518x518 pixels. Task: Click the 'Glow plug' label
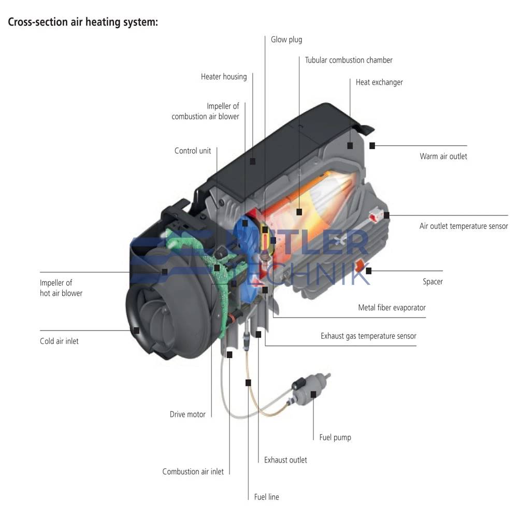[x=286, y=39]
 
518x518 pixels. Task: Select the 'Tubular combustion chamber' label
[x=349, y=60]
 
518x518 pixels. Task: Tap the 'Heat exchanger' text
[x=379, y=82]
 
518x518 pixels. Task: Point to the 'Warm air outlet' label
[x=443, y=156]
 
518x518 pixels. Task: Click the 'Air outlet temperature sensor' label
[x=464, y=226]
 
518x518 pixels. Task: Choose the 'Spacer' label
[x=433, y=282]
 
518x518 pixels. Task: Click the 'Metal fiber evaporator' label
[x=392, y=308]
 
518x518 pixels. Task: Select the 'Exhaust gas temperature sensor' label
[x=368, y=336]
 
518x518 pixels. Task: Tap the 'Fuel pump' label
[x=335, y=438]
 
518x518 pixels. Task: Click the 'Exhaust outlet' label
[x=285, y=460]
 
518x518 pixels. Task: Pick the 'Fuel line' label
[x=266, y=497]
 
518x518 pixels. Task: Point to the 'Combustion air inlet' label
[x=193, y=472]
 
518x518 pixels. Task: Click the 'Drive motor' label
[x=188, y=414]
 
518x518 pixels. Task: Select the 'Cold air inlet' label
[x=59, y=341]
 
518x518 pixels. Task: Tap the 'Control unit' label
[x=193, y=151]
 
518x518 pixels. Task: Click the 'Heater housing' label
[x=224, y=77]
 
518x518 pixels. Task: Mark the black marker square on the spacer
[x=368, y=270]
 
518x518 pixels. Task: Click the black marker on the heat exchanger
[x=350, y=146]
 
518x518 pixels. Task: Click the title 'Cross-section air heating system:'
[x=83, y=23]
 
